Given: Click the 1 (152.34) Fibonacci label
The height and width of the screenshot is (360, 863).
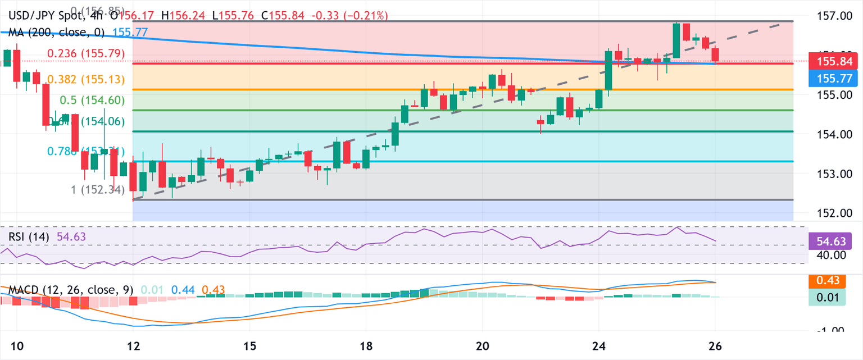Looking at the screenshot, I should [99, 190].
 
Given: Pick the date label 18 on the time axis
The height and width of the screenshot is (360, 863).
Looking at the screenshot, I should [366, 344].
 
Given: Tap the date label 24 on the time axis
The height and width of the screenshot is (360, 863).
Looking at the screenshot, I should [599, 344].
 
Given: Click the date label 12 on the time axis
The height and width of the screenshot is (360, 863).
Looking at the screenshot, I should [133, 344].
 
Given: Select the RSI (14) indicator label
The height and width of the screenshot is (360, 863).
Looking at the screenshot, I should [31, 236].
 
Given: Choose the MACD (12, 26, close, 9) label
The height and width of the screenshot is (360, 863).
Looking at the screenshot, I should [71, 290].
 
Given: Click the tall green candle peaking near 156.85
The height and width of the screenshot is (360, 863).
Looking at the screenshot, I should [676, 41].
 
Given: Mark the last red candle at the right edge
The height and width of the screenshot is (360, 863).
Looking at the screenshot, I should [715, 54].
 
